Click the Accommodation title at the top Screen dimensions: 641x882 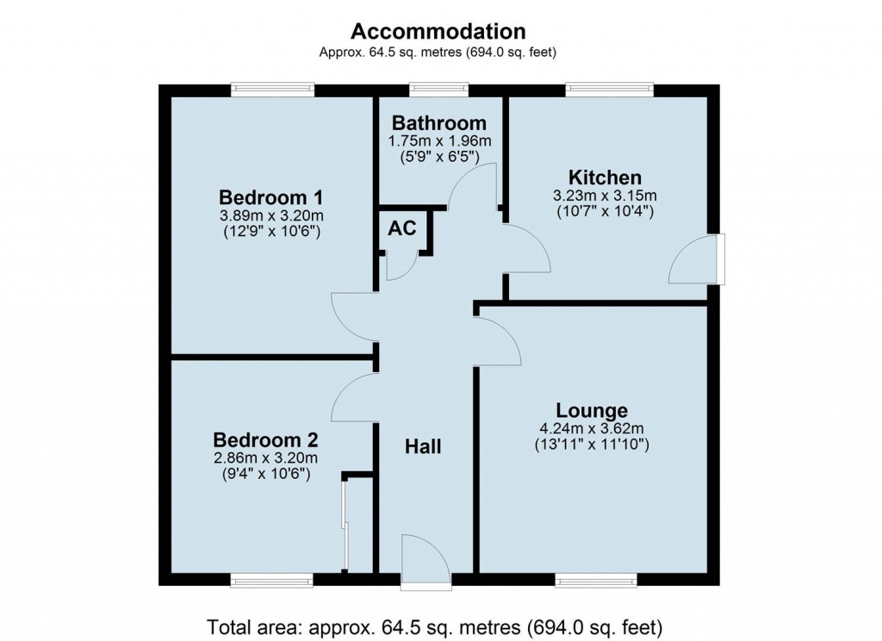tap(438, 32)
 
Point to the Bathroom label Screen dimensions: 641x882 tap(438, 123)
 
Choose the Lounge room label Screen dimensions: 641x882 tap(591, 410)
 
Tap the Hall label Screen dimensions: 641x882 tap(423, 446)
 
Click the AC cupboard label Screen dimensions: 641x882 tap(401, 229)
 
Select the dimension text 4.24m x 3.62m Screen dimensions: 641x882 tap(591, 428)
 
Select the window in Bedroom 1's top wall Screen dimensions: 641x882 tap(272, 90)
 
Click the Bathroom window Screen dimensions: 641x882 tap(438, 90)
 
